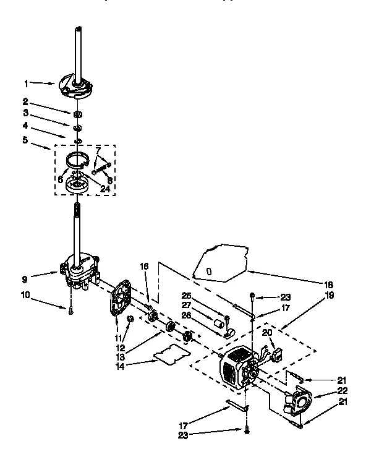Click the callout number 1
[x=27, y=82]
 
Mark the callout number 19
[x=329, y=296]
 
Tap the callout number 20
[x=267, y=332]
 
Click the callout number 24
[x=105, y=189]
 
